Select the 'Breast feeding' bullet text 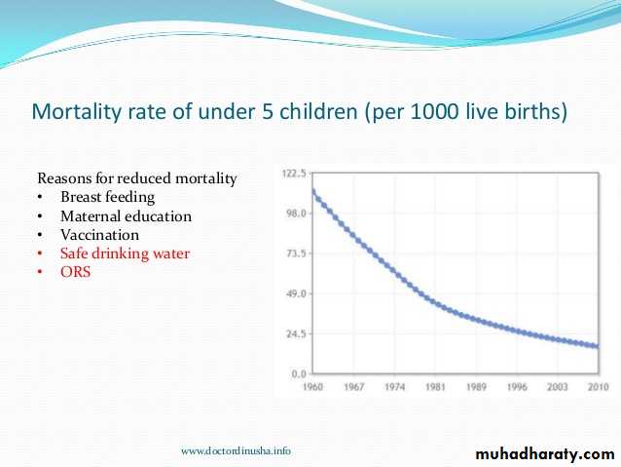[107, 198]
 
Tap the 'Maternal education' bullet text [126, 216]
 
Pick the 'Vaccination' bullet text [99, 235]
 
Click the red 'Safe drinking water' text [125, 253]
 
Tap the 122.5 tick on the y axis [294, 174]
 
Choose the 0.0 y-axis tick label [299, 373]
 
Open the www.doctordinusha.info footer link [236, 450]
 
